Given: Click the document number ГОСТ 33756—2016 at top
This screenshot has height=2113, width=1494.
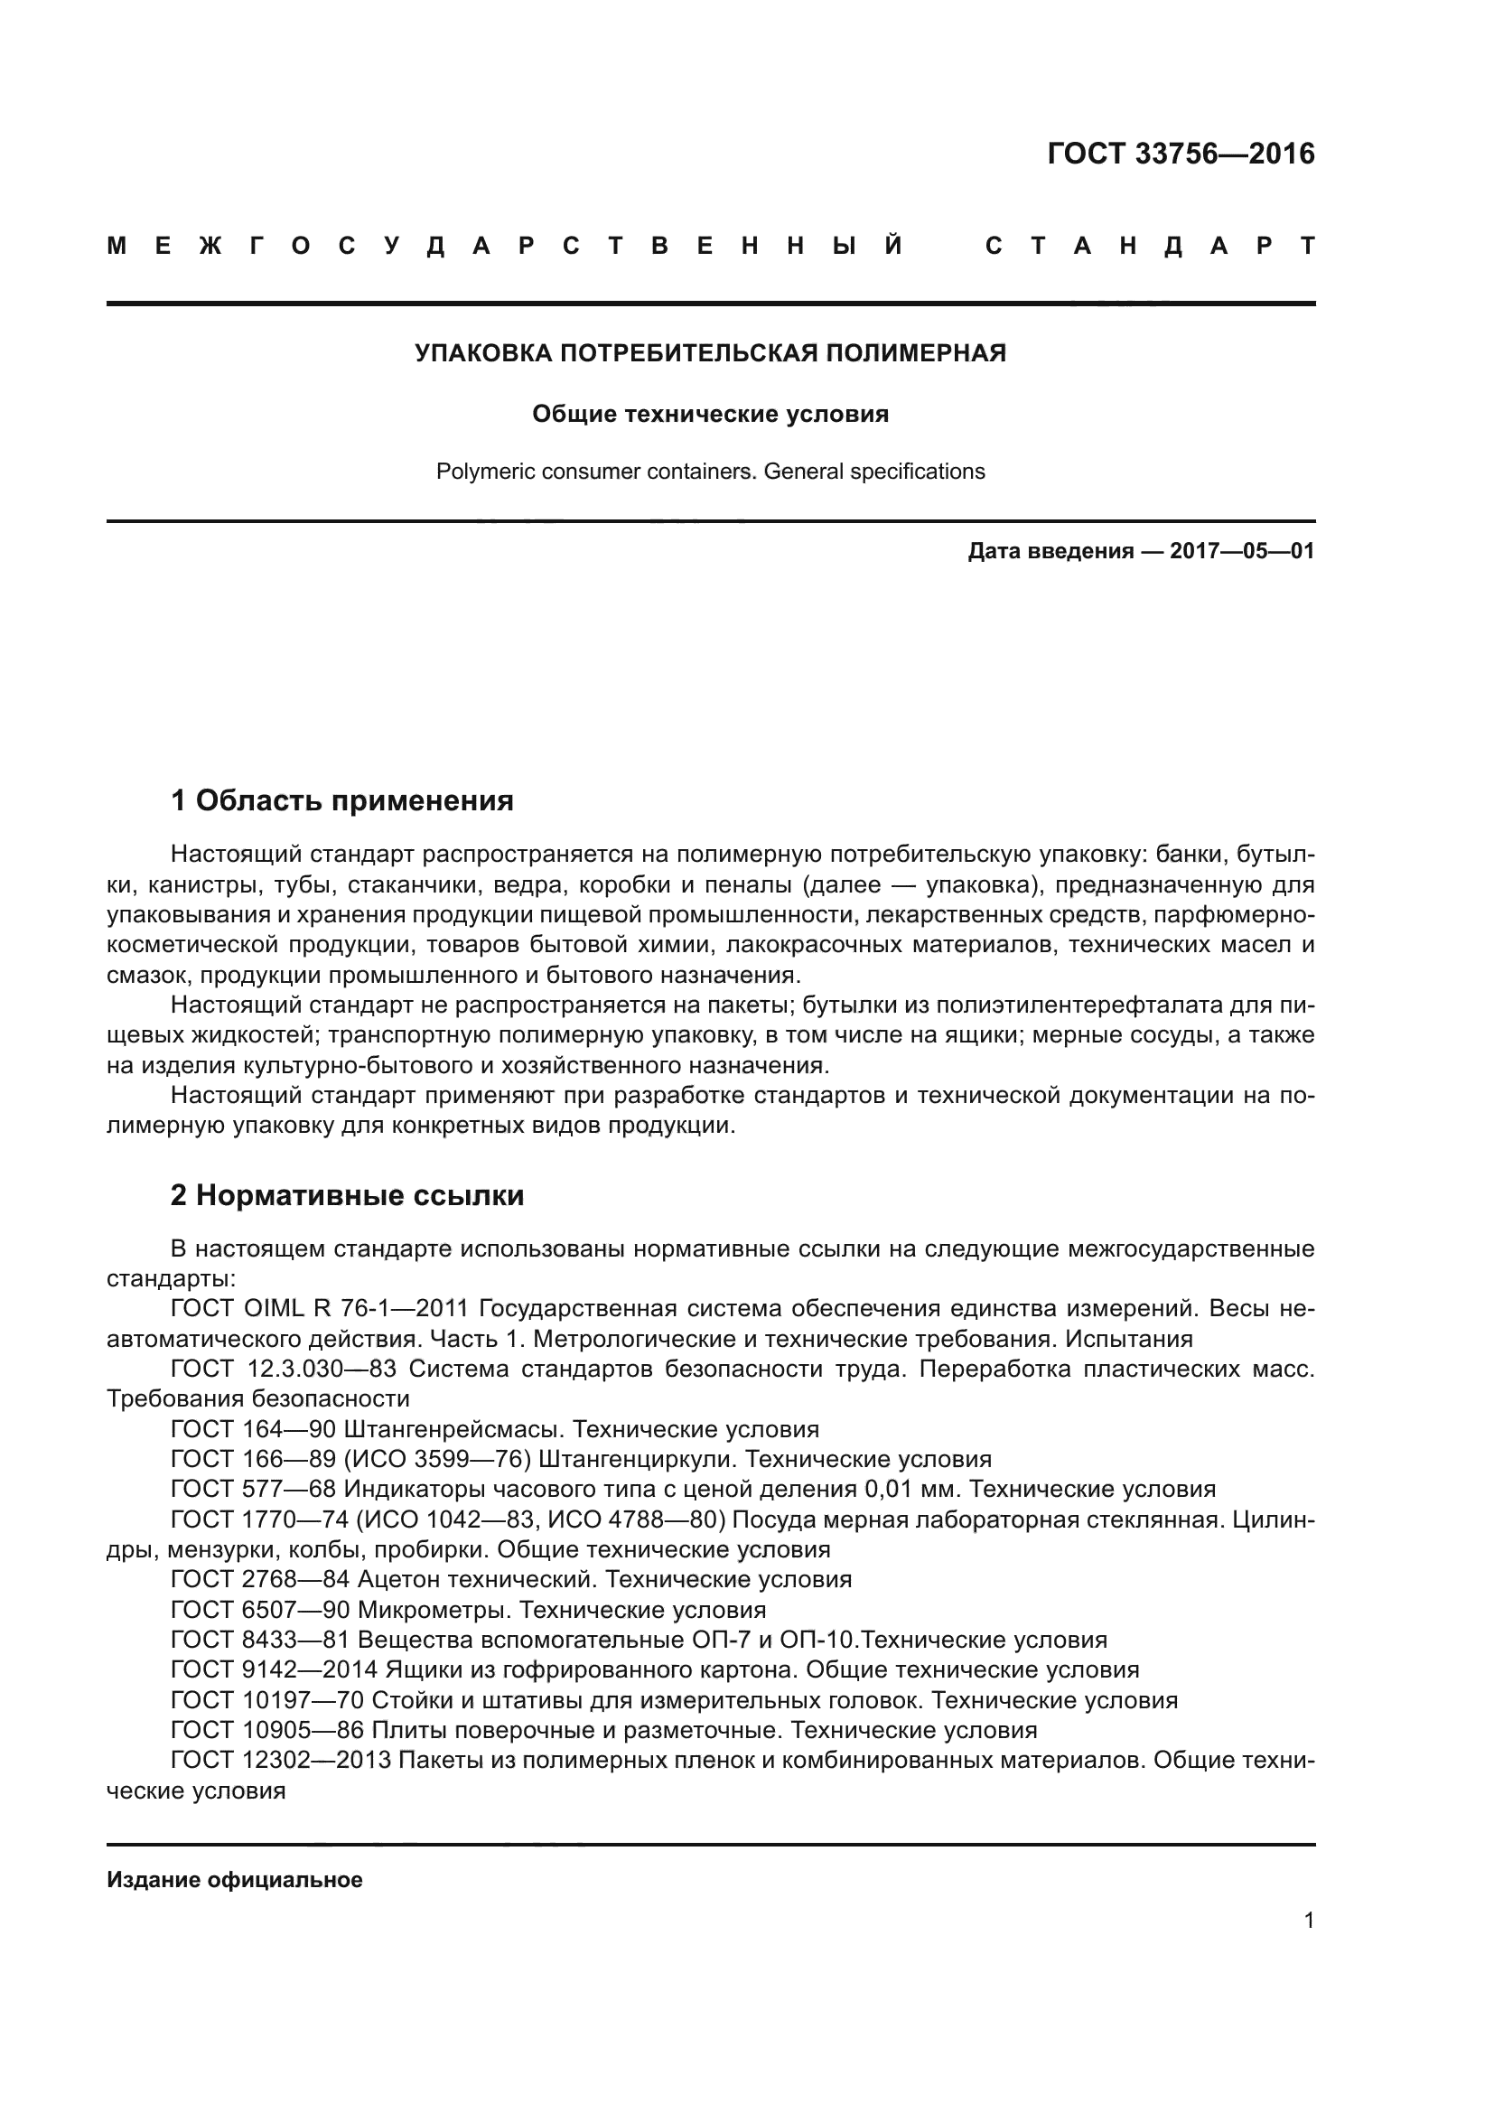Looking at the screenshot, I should coord(1181,154).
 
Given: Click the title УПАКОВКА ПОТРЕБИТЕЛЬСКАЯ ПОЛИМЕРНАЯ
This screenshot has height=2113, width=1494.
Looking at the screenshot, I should coord(710,352).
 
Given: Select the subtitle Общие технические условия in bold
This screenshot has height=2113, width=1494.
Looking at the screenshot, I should coord(710,414).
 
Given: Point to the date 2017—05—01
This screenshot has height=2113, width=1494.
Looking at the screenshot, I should coord(1241,551).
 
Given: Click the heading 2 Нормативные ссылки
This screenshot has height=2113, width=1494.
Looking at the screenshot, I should coord(348,1194).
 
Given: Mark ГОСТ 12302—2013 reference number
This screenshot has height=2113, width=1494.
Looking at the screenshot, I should coord(282,1760).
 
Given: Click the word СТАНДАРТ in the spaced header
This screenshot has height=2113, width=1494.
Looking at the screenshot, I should coord(1149,247).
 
